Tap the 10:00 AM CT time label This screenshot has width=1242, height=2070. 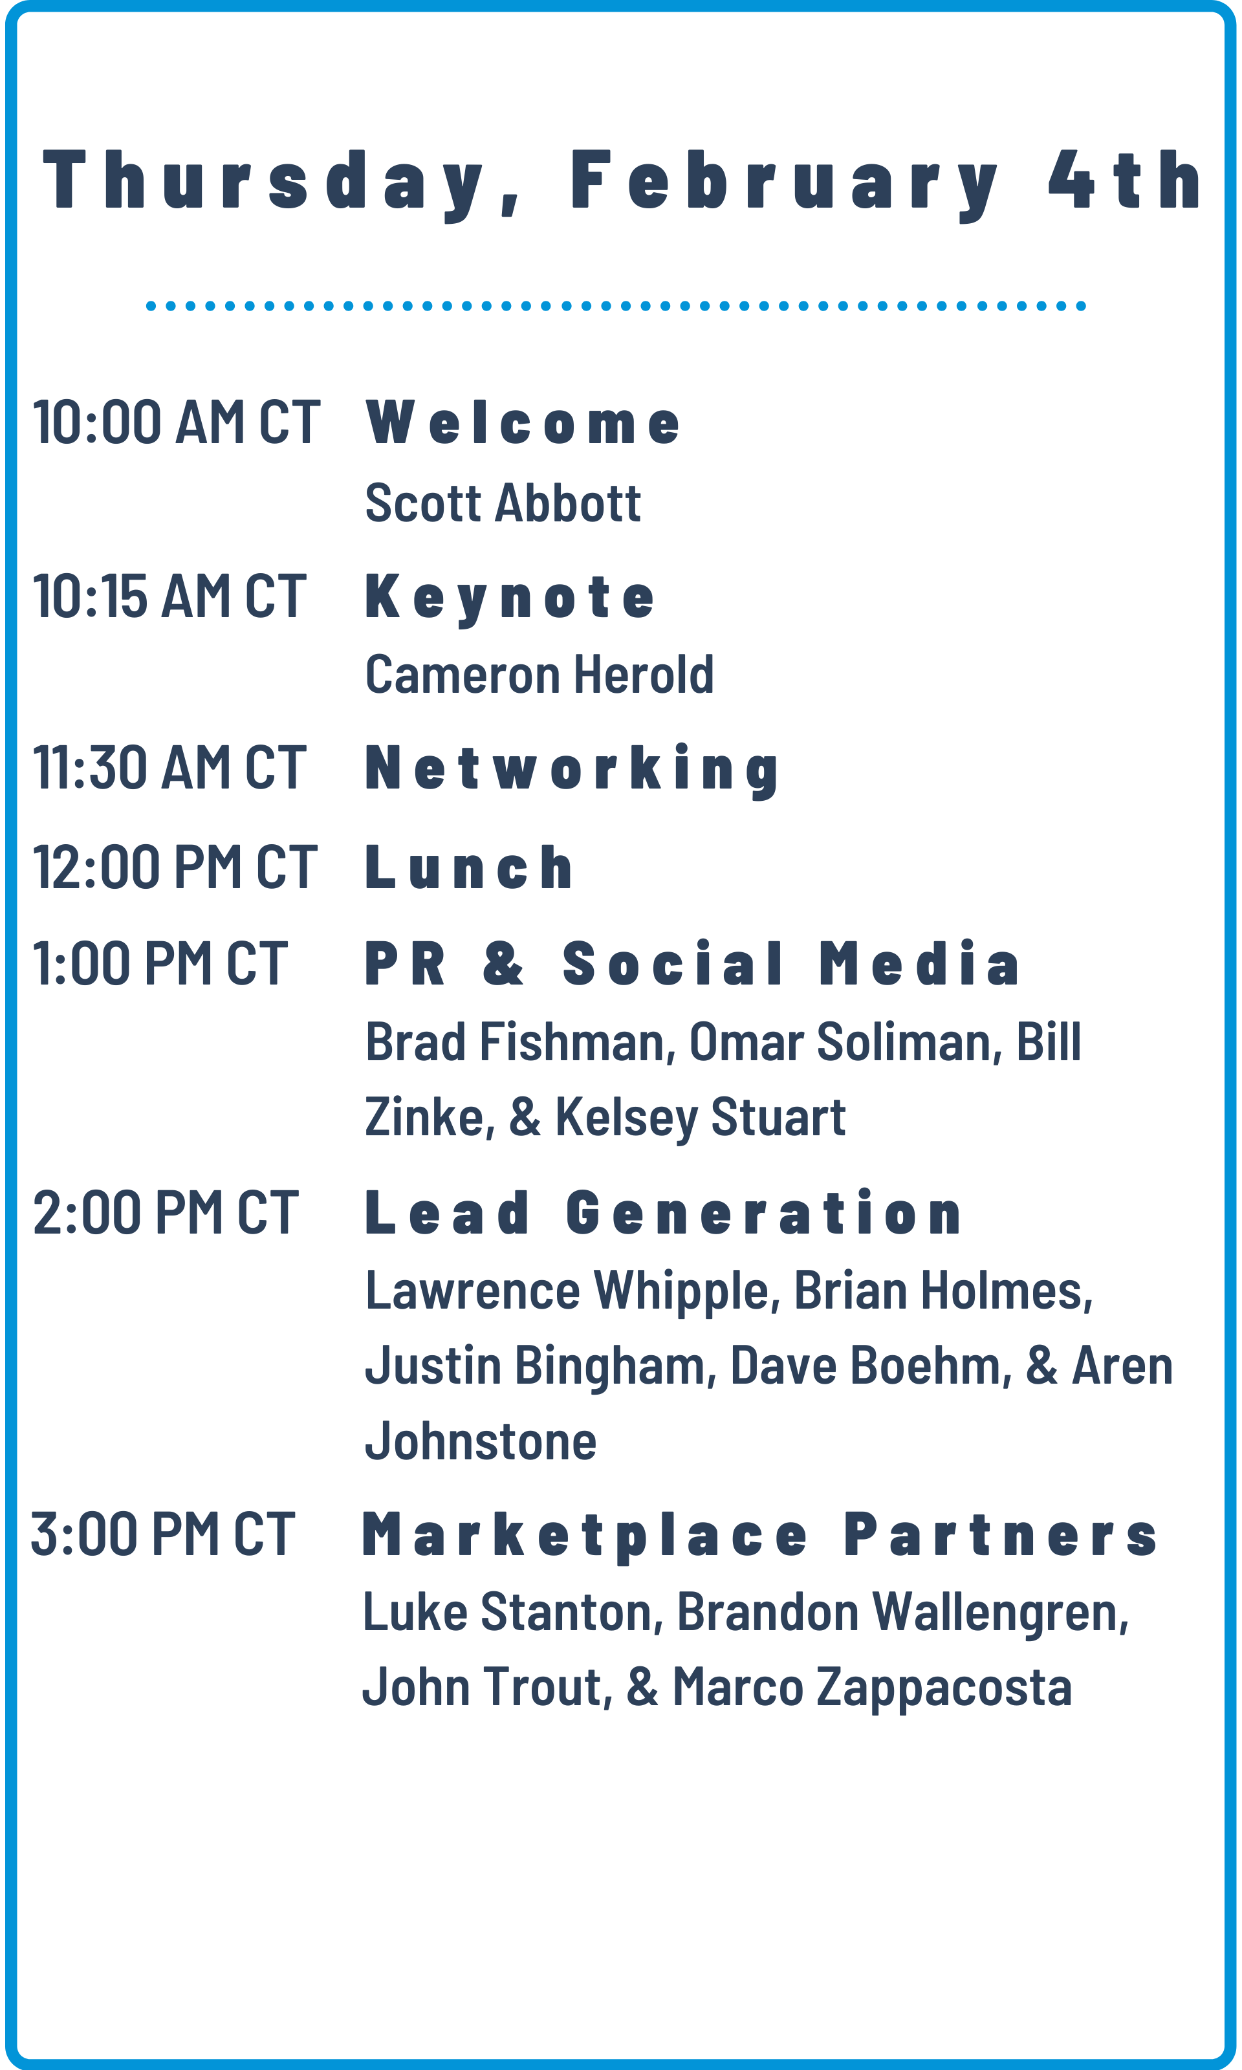coord(177,422)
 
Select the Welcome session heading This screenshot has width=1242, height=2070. coord(523,422)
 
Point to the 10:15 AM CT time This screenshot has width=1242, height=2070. coord(169,596)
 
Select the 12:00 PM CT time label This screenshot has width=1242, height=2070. coord(175,866)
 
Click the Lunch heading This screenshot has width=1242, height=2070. coord(470,867)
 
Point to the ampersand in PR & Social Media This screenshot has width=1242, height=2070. coord(504,963)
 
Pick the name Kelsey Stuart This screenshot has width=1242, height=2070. coord(701,1118)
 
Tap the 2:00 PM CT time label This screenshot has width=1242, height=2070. coord(166,1212)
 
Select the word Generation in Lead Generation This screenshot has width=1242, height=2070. coord(764,1212)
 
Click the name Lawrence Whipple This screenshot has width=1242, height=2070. coord(567,1291)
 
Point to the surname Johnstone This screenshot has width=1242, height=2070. coord(481,1440)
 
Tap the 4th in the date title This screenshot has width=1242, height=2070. coord(1126,179)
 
